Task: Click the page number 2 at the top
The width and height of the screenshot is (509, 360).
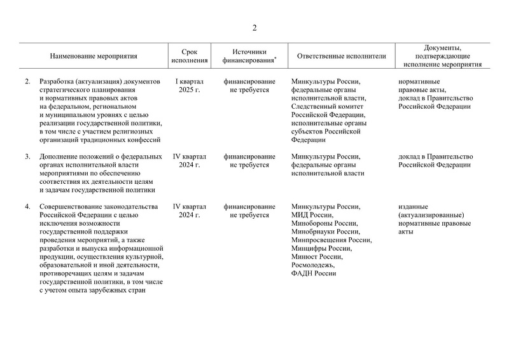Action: [x=254, y=27]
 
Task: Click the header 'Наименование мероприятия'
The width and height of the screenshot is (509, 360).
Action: [x=94, y=56]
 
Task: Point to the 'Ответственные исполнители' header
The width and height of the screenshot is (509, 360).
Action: [x=341, y=56]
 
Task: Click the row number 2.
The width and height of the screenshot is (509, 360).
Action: [x=27, y=81]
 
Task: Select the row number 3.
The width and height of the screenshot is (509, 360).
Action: [x=27, y=156]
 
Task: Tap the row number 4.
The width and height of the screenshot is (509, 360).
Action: [x=27, y=207]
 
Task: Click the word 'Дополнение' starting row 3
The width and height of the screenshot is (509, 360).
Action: [x=60, y=156]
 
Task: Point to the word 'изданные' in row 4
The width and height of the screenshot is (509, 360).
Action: [x=413, y=207]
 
